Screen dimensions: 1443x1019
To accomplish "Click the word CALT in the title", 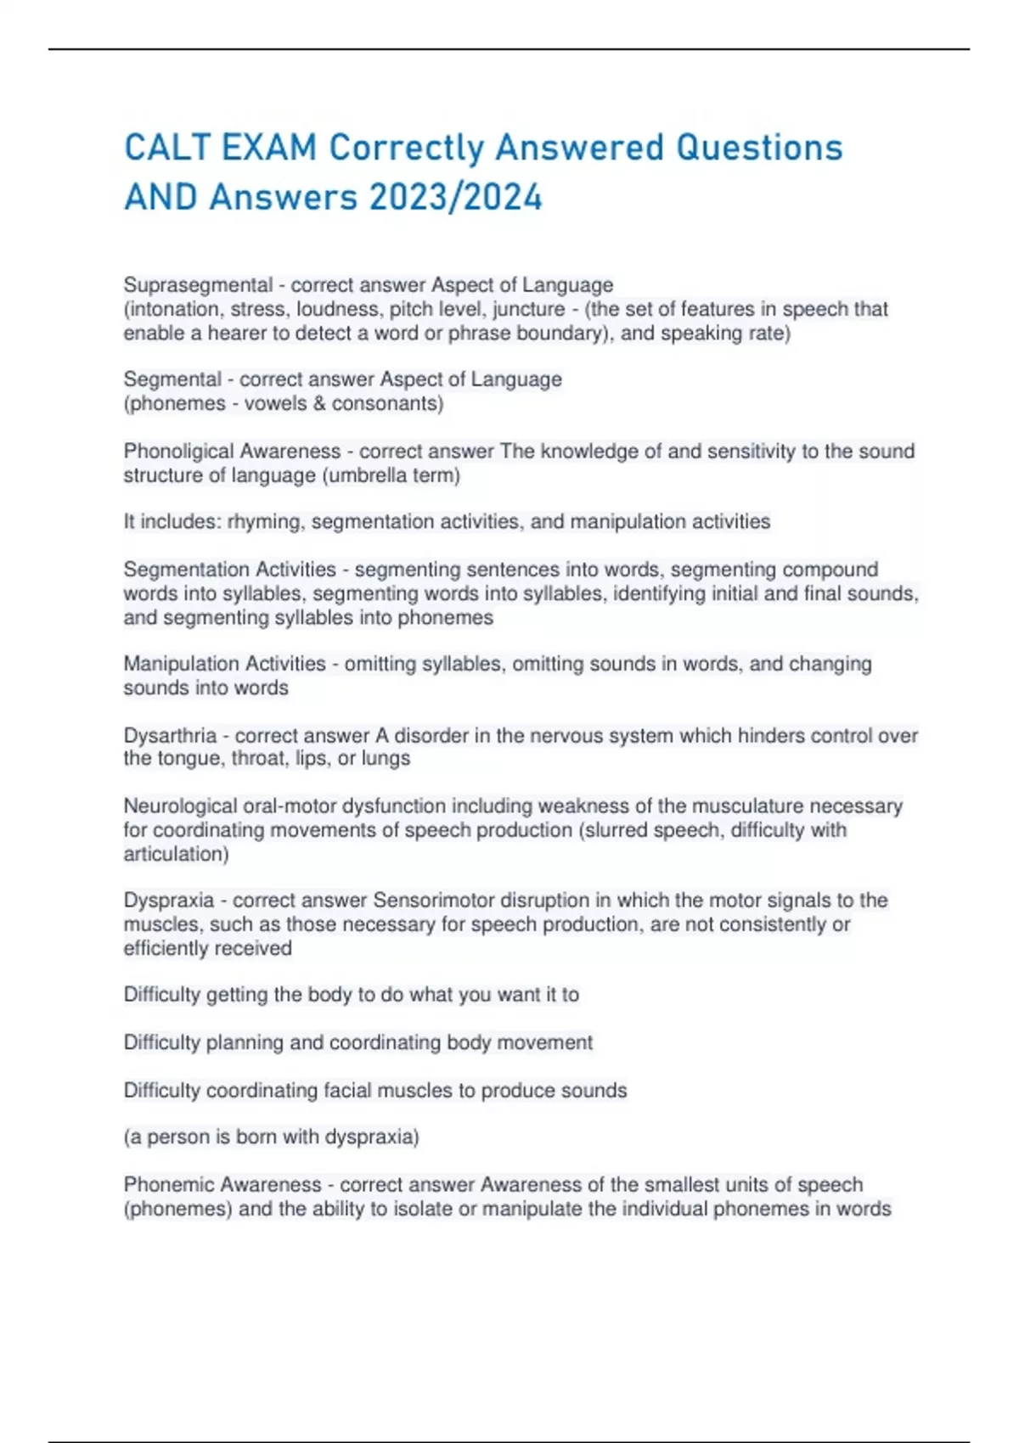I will pyautogui.click(x=167, y=148).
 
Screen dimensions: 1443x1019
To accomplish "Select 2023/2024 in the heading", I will pyautogui.click(x=455, y=198).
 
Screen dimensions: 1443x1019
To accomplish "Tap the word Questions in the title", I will pyautogui.click(x=759, y=148).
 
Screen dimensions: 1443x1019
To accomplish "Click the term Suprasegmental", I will pyautogui.click(x=198, y=285).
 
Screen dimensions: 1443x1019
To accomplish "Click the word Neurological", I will pyautogui.click(x=180, y=806).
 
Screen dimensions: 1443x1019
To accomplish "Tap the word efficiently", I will pyautogui.click(x=161, y=948).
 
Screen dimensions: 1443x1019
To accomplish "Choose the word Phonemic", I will pyautogui.click(x=165, y=1184).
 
